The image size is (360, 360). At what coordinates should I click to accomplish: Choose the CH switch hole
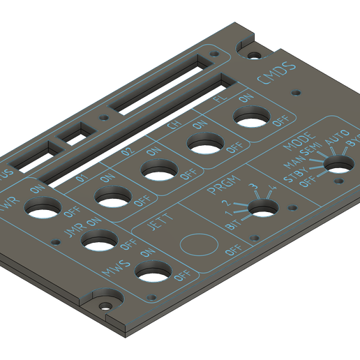pyautogui.click(x=206, y=144)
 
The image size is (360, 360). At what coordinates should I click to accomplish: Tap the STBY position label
pyautogui.click(x=297, y=172)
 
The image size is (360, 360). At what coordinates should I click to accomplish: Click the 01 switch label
pyautogui.click(x=82, y=181)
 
